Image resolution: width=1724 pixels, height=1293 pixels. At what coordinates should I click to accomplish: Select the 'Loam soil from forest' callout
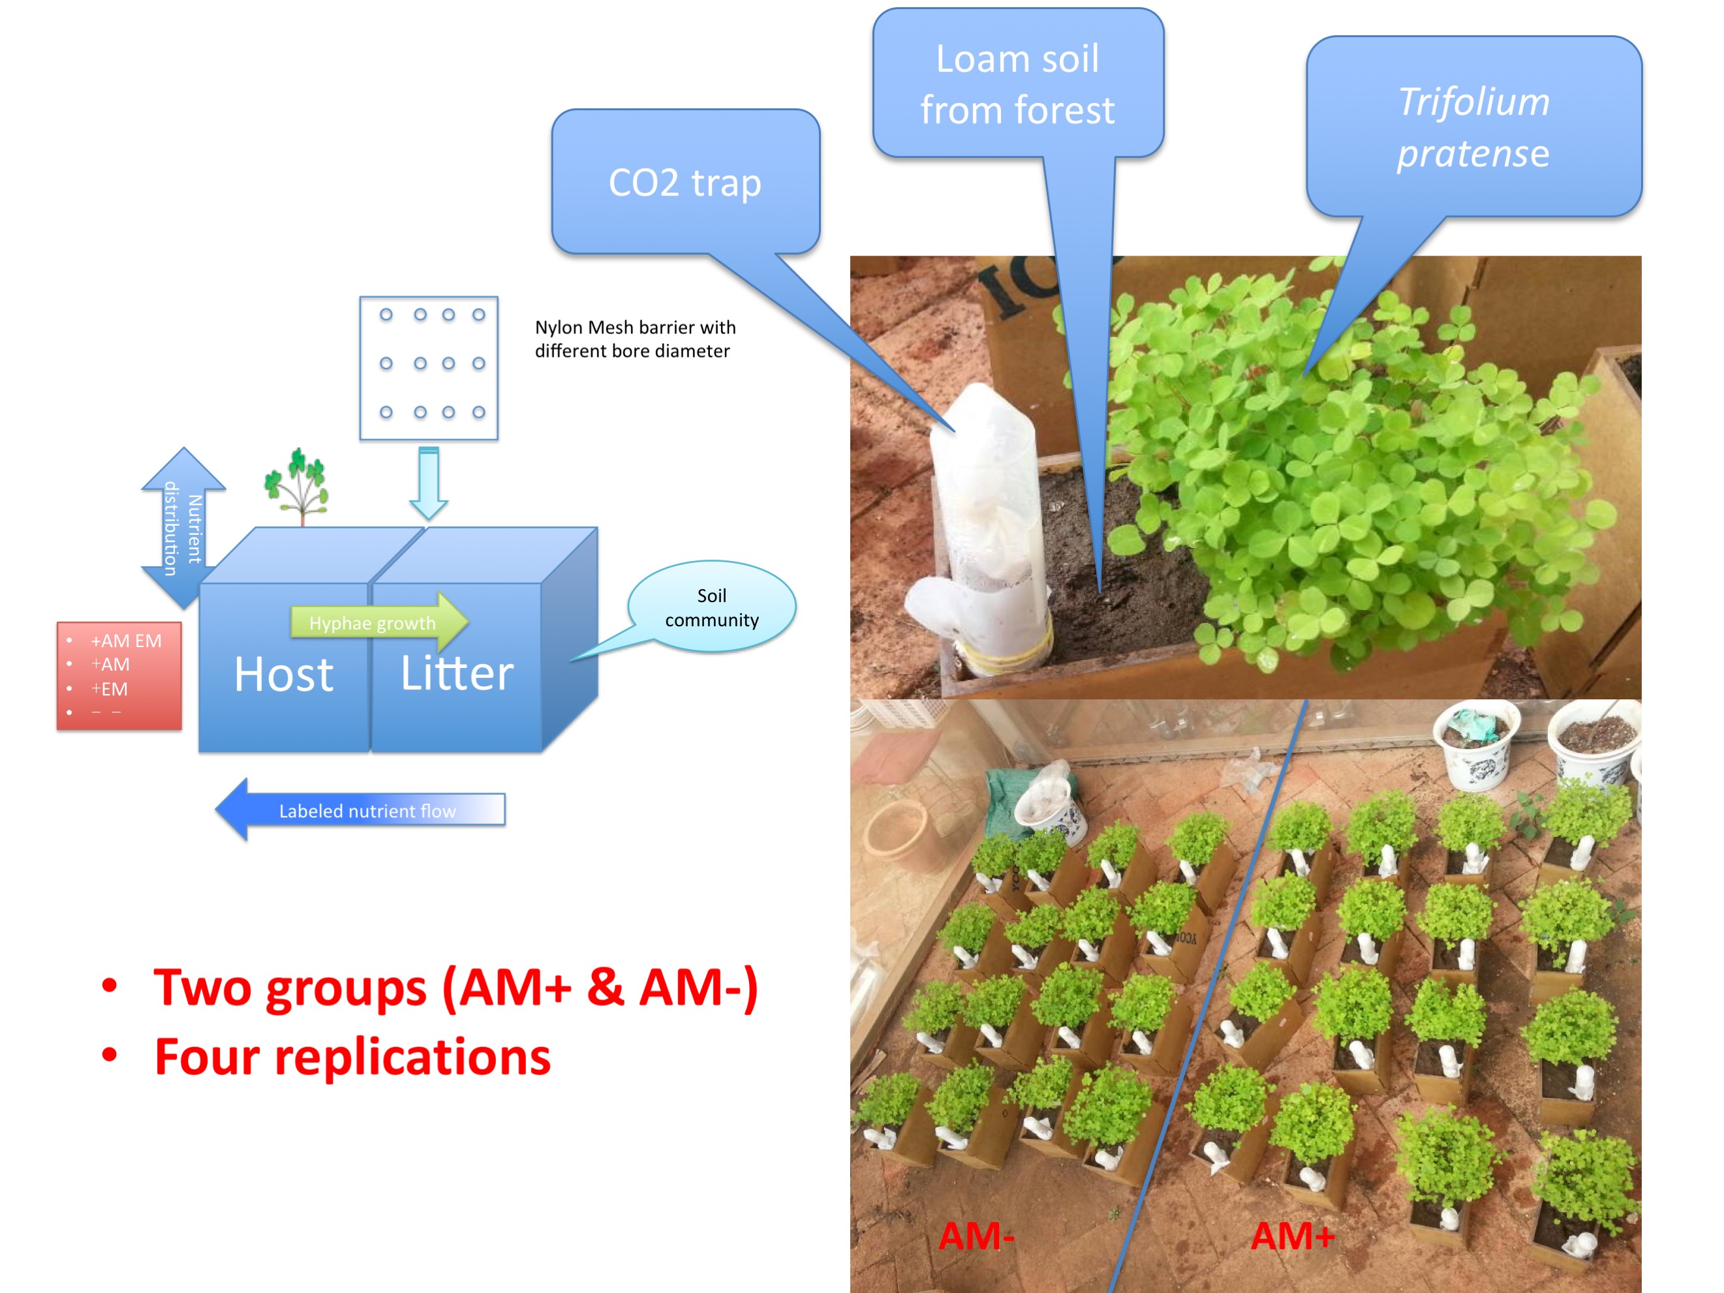point(1017,84)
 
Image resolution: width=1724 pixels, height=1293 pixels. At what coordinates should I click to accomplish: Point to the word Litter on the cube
point(457,673)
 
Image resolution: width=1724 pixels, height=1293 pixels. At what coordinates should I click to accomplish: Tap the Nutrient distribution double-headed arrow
point(183,528)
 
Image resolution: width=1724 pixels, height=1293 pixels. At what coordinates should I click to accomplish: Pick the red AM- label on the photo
point(976,1236)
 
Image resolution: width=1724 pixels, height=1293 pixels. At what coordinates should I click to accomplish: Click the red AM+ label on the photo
point(1292,1236)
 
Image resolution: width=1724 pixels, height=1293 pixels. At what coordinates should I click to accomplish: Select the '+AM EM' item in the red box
point(125,641)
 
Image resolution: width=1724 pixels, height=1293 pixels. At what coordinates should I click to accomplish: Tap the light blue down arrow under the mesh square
point(429,481)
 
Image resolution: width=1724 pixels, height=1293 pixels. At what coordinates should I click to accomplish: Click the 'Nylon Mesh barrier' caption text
point(634,339)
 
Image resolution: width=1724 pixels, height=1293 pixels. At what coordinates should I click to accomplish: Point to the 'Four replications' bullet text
point(352,1057)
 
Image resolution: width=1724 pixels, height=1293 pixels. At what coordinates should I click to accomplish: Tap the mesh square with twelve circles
point(429,368)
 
